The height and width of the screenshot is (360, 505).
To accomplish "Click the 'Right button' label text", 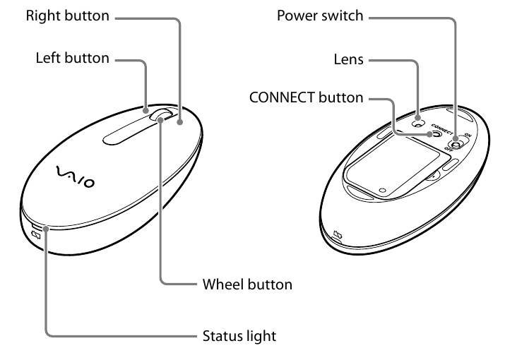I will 68,16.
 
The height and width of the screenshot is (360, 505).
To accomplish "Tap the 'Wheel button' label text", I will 247,284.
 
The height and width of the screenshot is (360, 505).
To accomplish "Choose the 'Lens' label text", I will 349,60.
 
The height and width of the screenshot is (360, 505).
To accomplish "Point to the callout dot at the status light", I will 47,228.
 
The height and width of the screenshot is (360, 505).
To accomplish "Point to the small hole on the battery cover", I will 381,188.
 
